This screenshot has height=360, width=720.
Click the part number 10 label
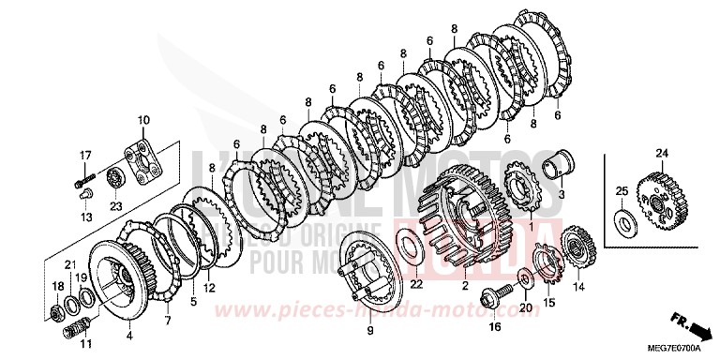143,119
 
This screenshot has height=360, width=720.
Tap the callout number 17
84,155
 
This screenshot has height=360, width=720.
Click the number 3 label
561,194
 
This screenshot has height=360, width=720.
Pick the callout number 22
416,285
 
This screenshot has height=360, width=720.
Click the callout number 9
369,329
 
